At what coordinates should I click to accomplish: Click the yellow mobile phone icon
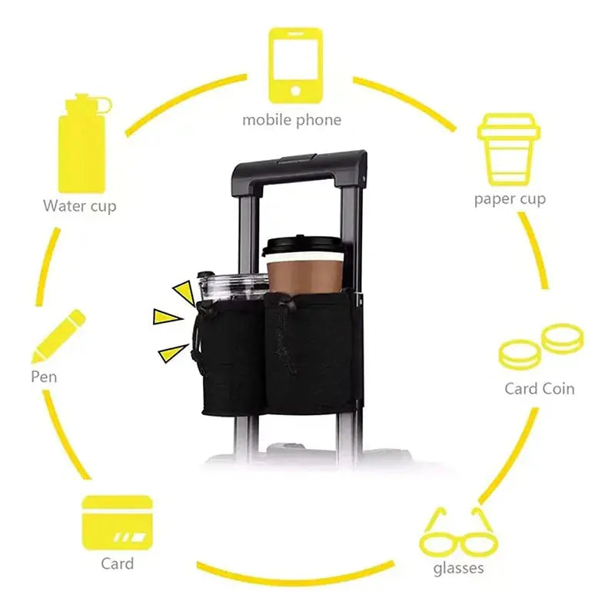point(296,65)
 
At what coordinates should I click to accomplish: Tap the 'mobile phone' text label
point(292,121)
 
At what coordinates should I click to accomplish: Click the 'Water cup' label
point(80,206)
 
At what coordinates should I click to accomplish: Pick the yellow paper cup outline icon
point(509,149)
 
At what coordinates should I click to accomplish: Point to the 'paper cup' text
point(510,200)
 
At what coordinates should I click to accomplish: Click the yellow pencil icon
point(58,337)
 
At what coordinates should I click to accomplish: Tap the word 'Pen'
point(44,377)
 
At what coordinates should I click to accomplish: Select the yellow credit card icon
point(118,523)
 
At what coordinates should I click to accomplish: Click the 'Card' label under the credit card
point(118,563)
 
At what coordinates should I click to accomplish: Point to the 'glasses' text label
point(458,568)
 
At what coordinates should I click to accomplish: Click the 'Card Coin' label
point(540,389)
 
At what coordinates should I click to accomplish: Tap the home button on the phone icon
point(296,91)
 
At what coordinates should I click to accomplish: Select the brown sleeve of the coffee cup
point(304,277)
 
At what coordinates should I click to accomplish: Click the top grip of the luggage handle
point(300,166)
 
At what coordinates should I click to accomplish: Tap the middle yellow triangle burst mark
point(167,317)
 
